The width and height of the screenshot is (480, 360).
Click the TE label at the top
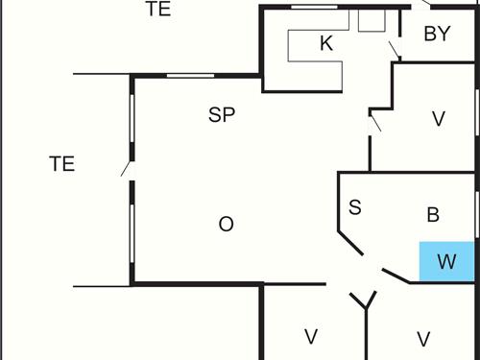[x=158, y=10]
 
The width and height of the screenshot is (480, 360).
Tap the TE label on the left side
[x=62, y=163]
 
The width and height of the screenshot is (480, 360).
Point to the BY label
[x=437, y=35]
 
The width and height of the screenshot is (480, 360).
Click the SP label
[x=222, y=115]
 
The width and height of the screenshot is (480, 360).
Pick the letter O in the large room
[x=227, y=225]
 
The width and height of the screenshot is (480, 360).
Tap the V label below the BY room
[x=439, y=119]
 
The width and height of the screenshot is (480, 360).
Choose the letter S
[x=354, y=207]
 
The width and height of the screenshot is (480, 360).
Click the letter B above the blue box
[x=432, y=215]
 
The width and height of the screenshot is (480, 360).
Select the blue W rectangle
[x=446, y=261]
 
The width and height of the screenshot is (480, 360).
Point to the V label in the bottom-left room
[x=310, y=337]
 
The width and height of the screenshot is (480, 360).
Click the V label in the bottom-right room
[x=422, y=338]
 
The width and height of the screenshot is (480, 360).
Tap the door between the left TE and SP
[x=127, y=169]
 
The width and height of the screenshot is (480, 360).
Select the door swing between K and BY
[x=394, y=49]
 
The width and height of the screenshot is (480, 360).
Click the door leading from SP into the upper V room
[x=375, y=121]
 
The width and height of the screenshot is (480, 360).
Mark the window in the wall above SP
[x=190, y=75]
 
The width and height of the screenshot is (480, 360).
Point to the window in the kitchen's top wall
[x=314, y=7]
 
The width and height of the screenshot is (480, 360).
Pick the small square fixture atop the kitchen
[x=371, y=20]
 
